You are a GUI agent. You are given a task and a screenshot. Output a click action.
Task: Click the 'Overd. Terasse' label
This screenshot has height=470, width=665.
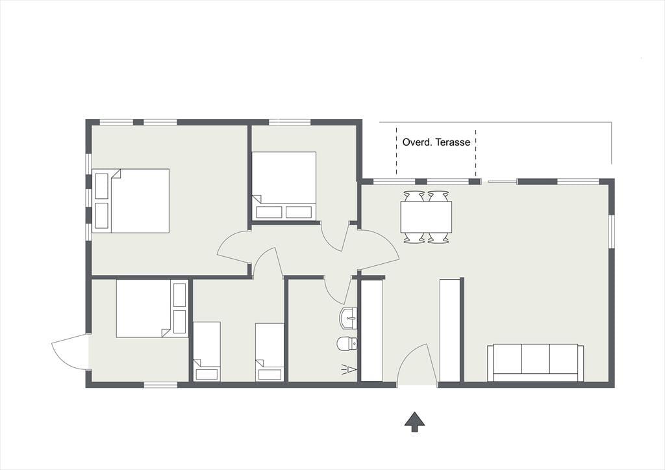pos(436,142)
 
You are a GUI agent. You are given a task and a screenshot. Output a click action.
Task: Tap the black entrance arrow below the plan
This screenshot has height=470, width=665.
pos(414,422)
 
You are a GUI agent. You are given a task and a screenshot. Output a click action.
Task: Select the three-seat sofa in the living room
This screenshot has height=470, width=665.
pos(535,363)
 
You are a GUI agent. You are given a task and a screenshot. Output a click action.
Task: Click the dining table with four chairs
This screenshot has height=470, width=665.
pos(426,217)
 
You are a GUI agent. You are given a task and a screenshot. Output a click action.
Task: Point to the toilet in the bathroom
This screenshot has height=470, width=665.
pos(347,343)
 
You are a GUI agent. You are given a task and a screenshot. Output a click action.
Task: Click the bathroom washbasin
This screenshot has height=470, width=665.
pos(348,319)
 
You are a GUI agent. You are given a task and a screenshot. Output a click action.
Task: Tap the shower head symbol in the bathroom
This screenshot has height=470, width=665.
pos(349,370)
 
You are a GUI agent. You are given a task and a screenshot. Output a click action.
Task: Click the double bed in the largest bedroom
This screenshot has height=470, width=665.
pos(131,201)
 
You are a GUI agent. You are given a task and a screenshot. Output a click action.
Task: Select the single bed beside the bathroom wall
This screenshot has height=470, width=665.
pos(270,352)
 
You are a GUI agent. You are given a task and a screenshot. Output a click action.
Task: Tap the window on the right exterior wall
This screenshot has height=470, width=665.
pos(612,232)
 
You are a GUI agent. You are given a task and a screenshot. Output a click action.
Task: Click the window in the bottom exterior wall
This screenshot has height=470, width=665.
pos(160,385)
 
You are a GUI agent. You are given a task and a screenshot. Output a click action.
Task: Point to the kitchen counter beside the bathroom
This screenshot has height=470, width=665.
pos(371,331)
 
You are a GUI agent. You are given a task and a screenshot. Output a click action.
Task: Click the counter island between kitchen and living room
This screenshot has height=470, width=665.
pos(449,331)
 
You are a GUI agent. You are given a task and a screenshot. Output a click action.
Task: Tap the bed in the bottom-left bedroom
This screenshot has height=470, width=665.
pos(152,308)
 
